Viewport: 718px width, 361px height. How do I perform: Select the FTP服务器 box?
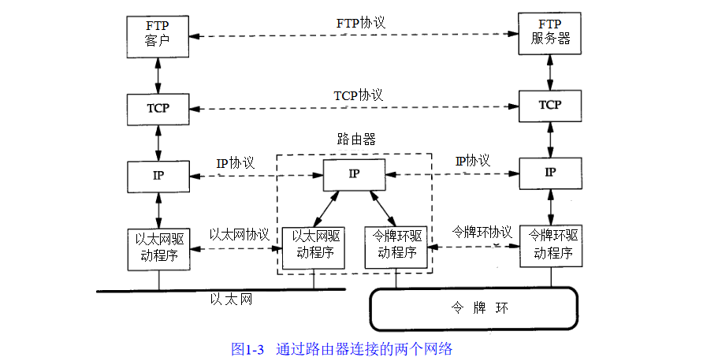[x=550, y=32]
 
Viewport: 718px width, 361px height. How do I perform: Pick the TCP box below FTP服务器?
[x=550, y=105]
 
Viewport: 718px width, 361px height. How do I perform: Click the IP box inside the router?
[x=354, y=174]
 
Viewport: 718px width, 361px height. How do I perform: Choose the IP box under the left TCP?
[x=158, y=176]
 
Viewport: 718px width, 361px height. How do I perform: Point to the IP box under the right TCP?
[x=550, y=173]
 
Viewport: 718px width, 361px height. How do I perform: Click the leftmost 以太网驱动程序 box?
[x=158, y=248]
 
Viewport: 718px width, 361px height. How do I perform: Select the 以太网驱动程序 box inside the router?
[x=314, y=245]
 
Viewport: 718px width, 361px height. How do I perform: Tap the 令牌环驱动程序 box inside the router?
[x=396, y=245]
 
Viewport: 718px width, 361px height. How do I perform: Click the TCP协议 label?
[x=358, y=95]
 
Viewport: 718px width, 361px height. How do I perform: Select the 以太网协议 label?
[x=240, y=235]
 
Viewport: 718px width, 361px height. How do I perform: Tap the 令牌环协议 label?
[x=482, y=233]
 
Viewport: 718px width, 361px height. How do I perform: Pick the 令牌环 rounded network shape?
[x=474, y=307]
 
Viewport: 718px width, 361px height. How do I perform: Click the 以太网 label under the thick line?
[x=231, y=300]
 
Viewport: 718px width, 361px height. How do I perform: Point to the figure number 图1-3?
[x=247, y=348]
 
